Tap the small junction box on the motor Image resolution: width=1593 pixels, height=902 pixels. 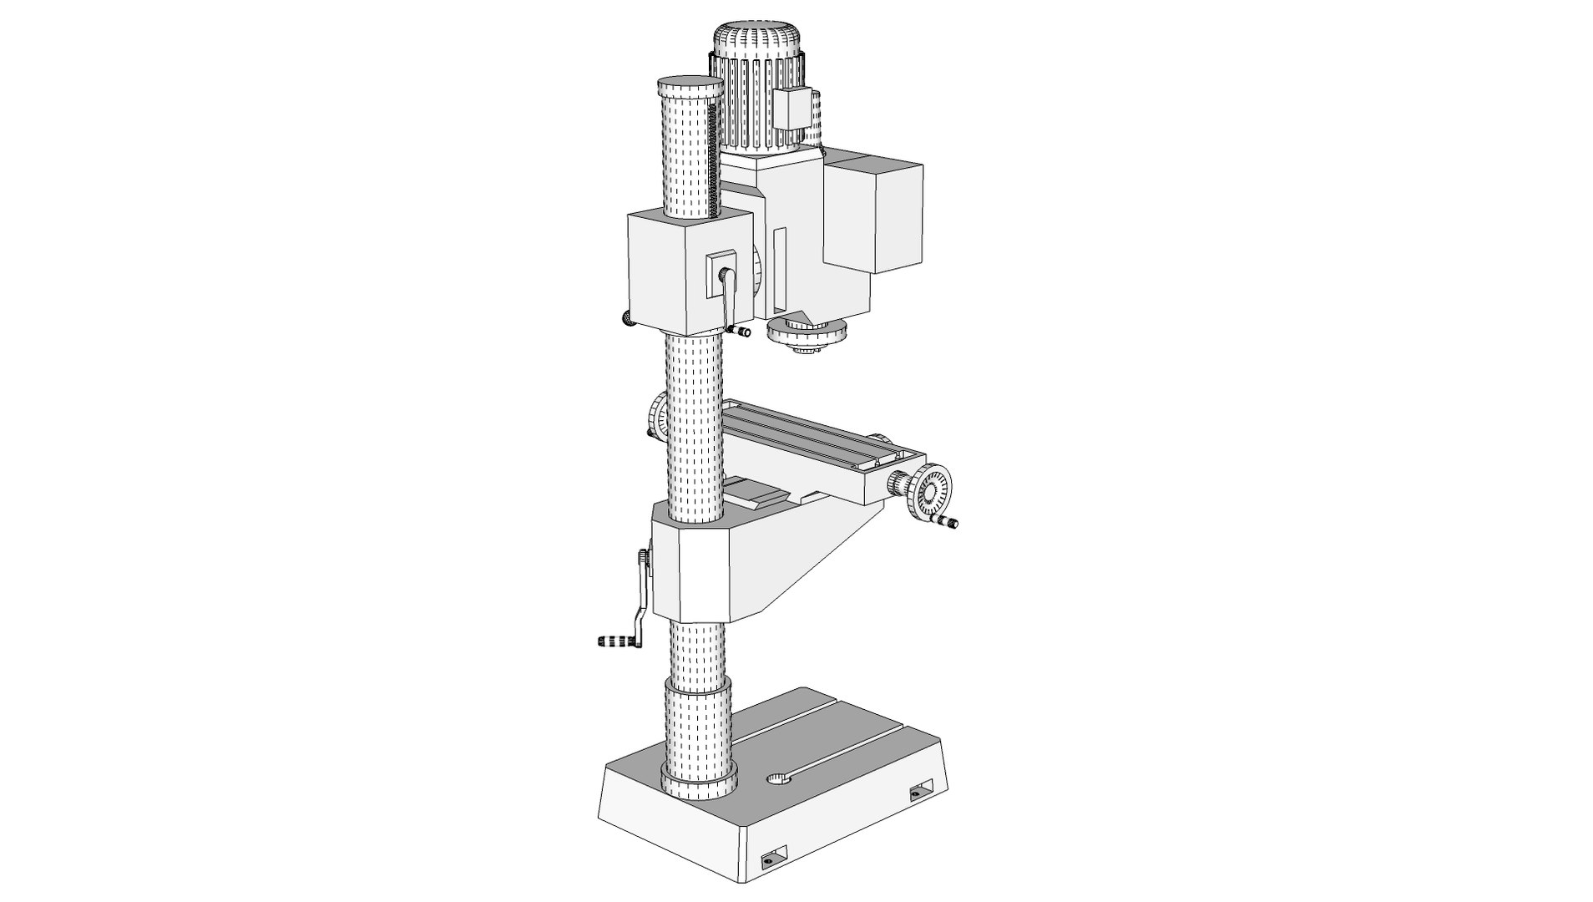[x=792, y=109]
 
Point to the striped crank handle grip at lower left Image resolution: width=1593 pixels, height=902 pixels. [x=614, y=641]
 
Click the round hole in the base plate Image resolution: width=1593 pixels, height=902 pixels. [x=779, y=779]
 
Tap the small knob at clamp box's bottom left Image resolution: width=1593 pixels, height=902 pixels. [x=626, y=318]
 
